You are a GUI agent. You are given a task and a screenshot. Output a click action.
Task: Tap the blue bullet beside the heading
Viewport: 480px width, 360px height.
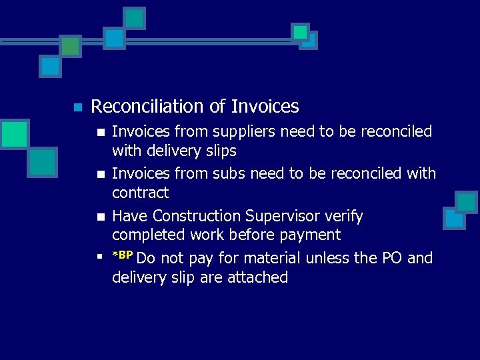click(x=77, y=107)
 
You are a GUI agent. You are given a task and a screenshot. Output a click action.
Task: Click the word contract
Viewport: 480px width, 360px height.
click(x=140, y=193)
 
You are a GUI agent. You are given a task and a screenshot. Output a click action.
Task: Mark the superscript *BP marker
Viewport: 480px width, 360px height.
click(x=123, y=255)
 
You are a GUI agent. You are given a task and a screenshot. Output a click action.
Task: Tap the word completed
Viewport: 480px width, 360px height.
click(x=149, y=235)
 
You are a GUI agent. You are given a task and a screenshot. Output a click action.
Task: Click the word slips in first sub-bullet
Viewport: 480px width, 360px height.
click(x=219, y=151)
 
